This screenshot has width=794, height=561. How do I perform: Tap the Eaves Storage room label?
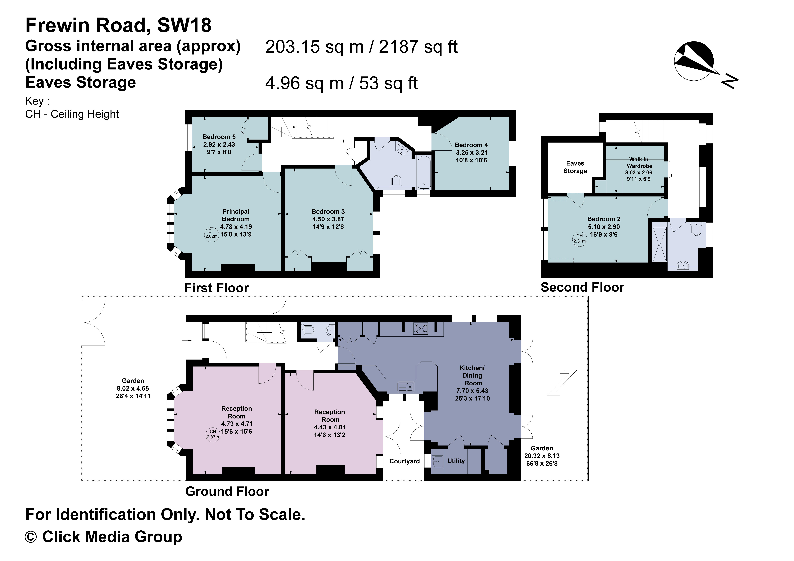click(575, 167)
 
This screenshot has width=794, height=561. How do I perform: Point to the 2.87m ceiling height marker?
click(213, 434)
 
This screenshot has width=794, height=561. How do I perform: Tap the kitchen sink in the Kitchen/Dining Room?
click(406, 386)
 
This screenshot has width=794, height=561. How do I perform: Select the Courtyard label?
click(404, 461)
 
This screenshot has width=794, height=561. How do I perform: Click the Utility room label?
click(456, 461)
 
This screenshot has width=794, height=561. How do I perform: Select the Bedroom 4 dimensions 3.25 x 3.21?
click(471, 152)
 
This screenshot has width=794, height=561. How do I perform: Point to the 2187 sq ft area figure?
click(418, 47)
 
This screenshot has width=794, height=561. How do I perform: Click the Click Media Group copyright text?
click(104, 537)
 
